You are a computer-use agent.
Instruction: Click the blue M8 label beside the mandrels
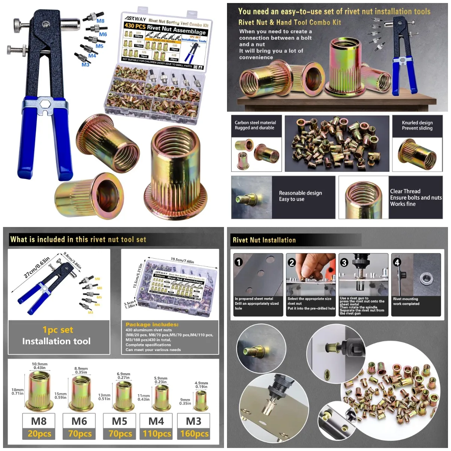(x=100, y=21)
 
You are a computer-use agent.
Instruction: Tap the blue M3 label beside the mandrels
(x=85, y=65)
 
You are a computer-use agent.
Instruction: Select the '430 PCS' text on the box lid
(x=135, y=26)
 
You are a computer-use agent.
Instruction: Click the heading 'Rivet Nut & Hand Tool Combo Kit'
(x=289, y=23)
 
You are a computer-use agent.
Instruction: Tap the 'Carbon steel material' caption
(x=255, y=123)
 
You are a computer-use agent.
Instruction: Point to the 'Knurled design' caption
(x=417, y=123)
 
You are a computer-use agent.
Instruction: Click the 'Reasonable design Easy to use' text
(x=300, y=196)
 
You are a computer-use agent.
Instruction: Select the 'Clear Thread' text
(x=405, y=191)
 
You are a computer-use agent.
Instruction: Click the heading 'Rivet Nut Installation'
(x=264, y=240)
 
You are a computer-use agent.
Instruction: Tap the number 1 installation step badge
(x=239, y=262)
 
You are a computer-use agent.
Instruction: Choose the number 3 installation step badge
(x=344, y=262)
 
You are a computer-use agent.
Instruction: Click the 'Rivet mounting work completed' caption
(x=406, y=301)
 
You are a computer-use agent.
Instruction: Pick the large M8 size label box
(x=39, y=421)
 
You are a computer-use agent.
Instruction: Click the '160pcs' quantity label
(x=194, y=434)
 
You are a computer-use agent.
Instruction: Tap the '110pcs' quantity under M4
(x=157, y=434)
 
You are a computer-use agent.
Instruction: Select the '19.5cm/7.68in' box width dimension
(x=182, y=260)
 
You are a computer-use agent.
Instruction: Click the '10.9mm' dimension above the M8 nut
(x=39, y=364)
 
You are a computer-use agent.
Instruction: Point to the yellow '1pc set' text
(x=58, y=330)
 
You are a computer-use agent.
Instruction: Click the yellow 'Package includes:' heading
(x=152, y=324)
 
